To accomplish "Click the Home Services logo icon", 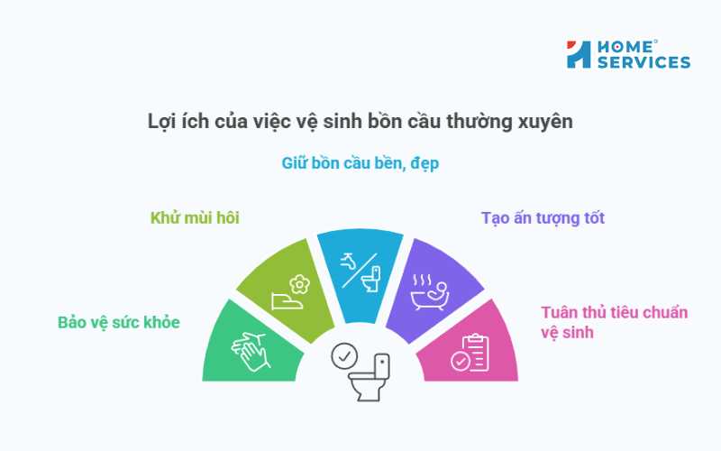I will (x=579, y=54).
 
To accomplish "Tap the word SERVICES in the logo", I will (x=642, y=62).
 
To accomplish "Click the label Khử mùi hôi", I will (x=195, y=217).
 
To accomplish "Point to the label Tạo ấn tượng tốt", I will (x=543, y=217).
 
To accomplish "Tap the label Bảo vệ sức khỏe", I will (x=119, y=322).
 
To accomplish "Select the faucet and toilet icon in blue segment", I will (x=360, y=272).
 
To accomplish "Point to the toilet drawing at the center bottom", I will (x=370, y=378).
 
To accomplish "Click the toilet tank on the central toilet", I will (x=381, y=365).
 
